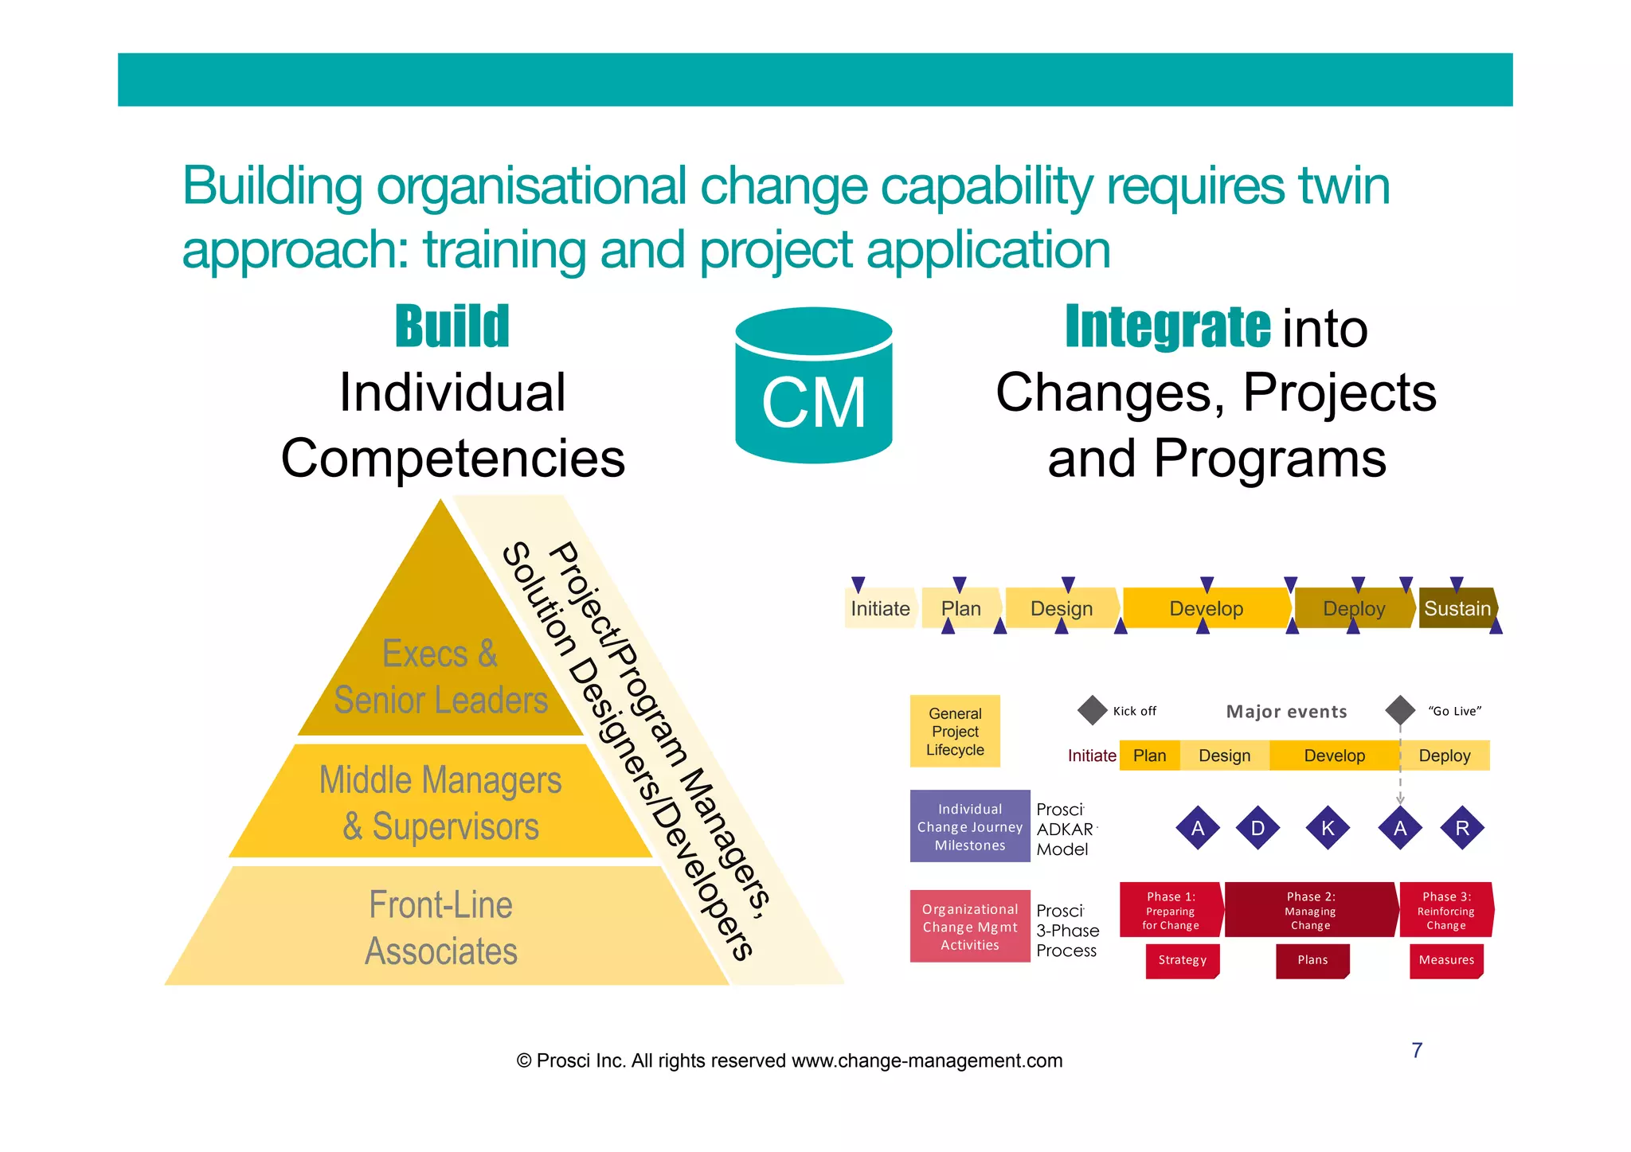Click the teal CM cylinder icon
(x=813, y=386)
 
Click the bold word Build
(x=452, y=327)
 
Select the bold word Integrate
(x=1168, y=327)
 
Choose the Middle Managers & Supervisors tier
(x=440, y=802)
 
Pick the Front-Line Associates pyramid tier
(x=440, y=927)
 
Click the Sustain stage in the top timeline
(x=1457, y=608)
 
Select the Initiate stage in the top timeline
(x=879, y=608)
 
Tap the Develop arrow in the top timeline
(x=1206, y=608)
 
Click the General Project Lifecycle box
(x=955, y=732)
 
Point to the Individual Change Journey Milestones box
(x=969, y=827)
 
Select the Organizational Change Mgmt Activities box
(x=969, y=927)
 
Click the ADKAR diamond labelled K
(x=1328, y=828)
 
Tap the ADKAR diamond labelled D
(x=1257, y=828)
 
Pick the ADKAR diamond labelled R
(x=1462, y=828)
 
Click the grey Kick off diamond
(x=1093, y=710)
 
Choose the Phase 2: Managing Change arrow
(x=1311, y=910)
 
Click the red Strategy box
(x=1183, y=960)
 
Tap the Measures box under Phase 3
(x=1446, y=960)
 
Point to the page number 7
(x=1417, y=1050)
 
